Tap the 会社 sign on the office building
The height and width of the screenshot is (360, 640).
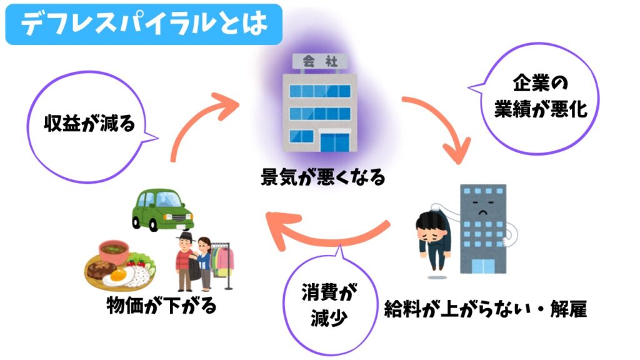[x=318, y=61]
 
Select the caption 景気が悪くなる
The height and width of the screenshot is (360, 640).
[x=322, y=177]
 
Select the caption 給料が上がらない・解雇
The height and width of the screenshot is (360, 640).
[x=485, y=308]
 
